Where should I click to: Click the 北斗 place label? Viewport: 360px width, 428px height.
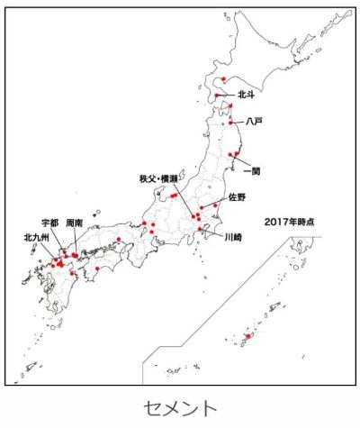248,93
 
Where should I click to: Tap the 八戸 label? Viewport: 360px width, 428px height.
254,121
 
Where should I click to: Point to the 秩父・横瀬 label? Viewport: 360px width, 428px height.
160,179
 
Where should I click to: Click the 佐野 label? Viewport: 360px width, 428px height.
237,196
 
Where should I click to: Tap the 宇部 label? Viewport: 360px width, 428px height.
50,221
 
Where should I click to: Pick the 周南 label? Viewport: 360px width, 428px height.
76,221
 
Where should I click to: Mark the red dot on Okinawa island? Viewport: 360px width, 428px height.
247,337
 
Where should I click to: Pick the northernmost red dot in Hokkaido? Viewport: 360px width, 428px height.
223,79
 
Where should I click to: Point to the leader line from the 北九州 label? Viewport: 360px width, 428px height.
49,253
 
